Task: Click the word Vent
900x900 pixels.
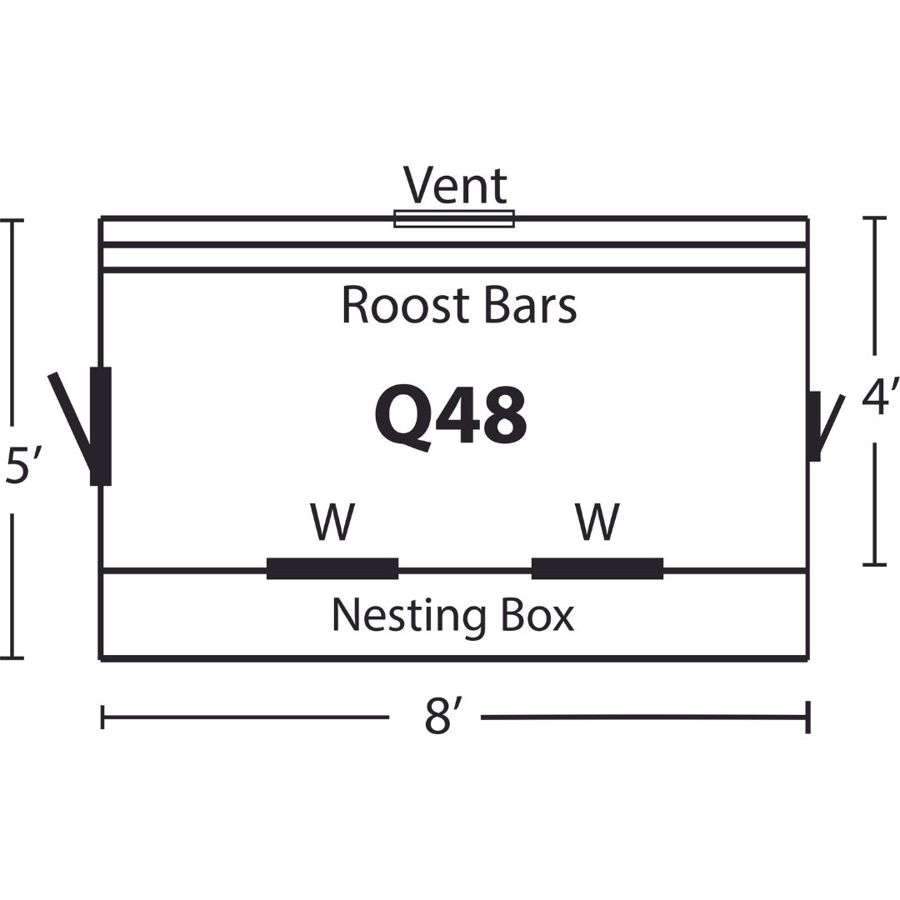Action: tap(455, 185)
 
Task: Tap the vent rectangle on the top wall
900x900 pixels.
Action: tap(454, 218)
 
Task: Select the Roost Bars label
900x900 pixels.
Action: tap(458, 305)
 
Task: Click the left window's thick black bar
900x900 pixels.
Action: tap(332, 568)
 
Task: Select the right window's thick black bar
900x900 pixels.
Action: tap(597, 568)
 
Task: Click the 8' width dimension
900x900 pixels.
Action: tap(442, 717)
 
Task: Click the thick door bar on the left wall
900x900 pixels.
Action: tap(101, 427)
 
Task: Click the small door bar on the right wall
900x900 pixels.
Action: tap(814, 426)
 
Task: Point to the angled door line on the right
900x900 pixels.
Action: tap(831, 424)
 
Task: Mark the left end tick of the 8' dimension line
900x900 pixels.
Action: tap(102, 717)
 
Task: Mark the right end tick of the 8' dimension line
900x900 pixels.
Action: tap(808, 717)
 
